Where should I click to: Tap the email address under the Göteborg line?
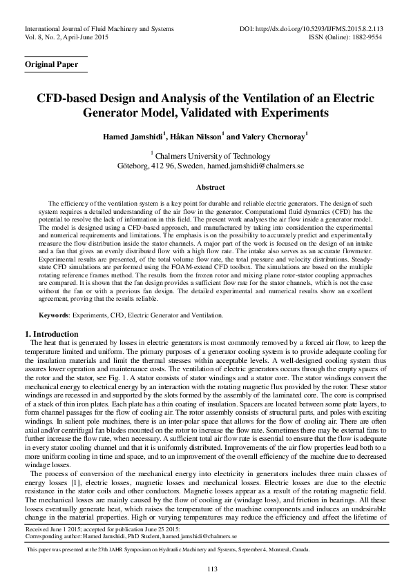tap(260, 166)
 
